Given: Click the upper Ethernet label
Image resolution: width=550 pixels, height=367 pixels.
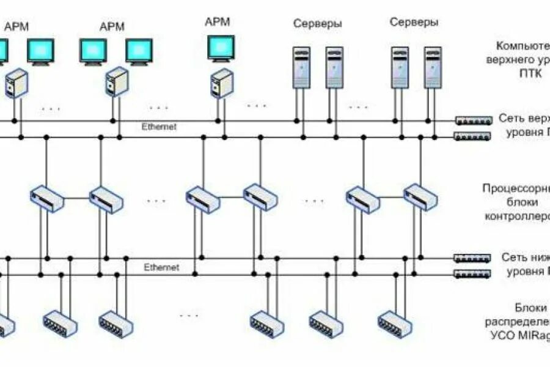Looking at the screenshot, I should point(159,127).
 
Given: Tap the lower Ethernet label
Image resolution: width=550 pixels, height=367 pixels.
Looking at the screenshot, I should point(161,267).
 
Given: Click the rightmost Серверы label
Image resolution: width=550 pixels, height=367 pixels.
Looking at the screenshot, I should point(414,22).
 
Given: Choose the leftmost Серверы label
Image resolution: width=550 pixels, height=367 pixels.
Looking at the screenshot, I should point(317,24).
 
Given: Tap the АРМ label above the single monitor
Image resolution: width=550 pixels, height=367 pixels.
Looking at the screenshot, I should point(218,21).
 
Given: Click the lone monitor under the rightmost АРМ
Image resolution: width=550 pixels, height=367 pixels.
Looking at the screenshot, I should point(221,48).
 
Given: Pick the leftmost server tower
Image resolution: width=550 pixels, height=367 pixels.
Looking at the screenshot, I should point(301,67).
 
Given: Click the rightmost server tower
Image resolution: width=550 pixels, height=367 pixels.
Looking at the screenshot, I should point(433,67).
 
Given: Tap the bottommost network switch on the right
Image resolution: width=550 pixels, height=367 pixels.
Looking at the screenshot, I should point(472,273).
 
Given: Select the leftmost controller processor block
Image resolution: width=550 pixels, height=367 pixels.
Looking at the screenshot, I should point(47,198).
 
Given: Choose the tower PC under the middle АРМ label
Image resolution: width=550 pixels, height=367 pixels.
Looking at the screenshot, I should point(117,82).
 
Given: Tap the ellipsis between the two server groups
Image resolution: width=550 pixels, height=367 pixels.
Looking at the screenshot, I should point(358,108).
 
